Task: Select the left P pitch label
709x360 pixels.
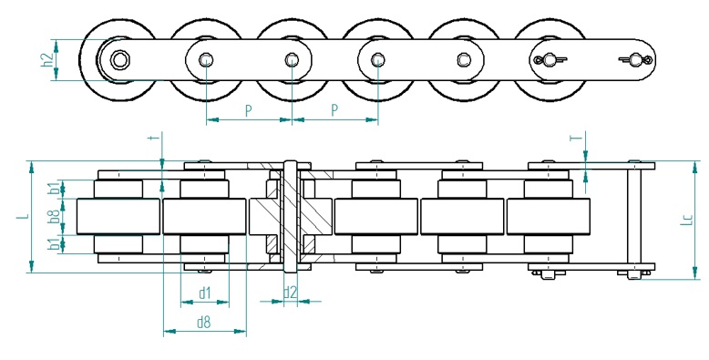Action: click(248, 110)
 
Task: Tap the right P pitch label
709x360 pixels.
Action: click(334, 110)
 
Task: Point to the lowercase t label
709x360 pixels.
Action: click(152, 139)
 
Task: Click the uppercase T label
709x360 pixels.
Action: click(576, 137)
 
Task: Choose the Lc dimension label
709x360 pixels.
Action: click(687, 220)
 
